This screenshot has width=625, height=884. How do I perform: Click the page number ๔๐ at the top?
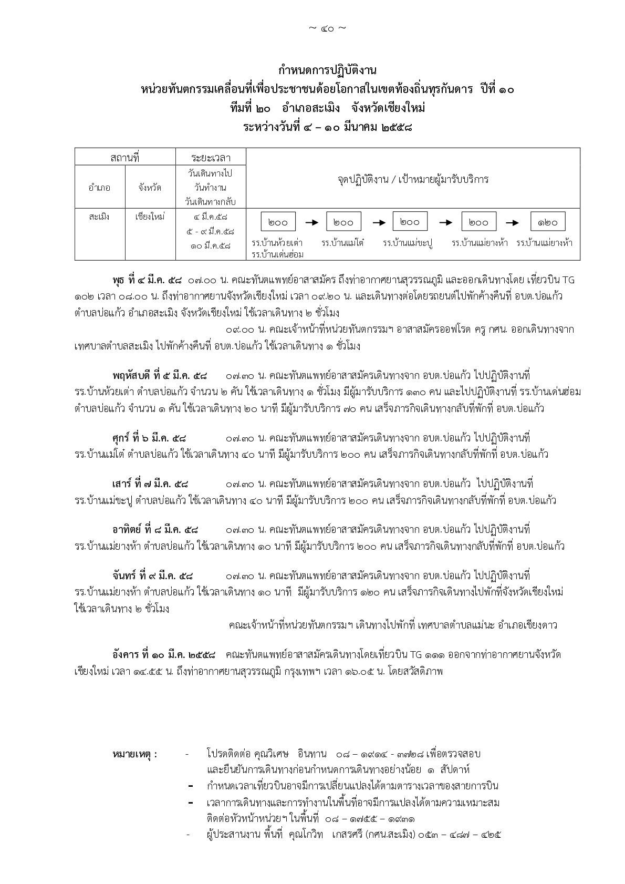tap(327, 28)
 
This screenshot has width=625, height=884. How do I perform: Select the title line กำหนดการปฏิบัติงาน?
tap(328, 70)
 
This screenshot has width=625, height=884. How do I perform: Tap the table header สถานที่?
tap(125, 157)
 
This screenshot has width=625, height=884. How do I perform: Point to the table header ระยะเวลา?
tap(211, 157)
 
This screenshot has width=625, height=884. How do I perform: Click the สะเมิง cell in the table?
tap(100, 217)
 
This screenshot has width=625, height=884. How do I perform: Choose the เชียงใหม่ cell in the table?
tap(150, 217)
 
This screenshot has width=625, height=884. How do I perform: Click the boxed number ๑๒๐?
tap(547, 222)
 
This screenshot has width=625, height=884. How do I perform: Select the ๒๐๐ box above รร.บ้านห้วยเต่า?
tap(278, 222)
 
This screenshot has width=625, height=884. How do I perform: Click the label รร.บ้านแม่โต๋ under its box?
tap(343, 243)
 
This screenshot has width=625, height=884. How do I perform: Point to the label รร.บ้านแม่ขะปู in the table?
tap(407, 243)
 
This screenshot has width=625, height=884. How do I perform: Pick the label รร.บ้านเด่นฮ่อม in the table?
tap(278, 254)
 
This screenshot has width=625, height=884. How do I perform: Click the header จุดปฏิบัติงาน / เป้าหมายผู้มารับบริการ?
tap(413, 179)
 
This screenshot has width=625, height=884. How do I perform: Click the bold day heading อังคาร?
tap(126, 655)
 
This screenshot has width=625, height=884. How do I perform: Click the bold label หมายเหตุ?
tap(134, 754)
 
